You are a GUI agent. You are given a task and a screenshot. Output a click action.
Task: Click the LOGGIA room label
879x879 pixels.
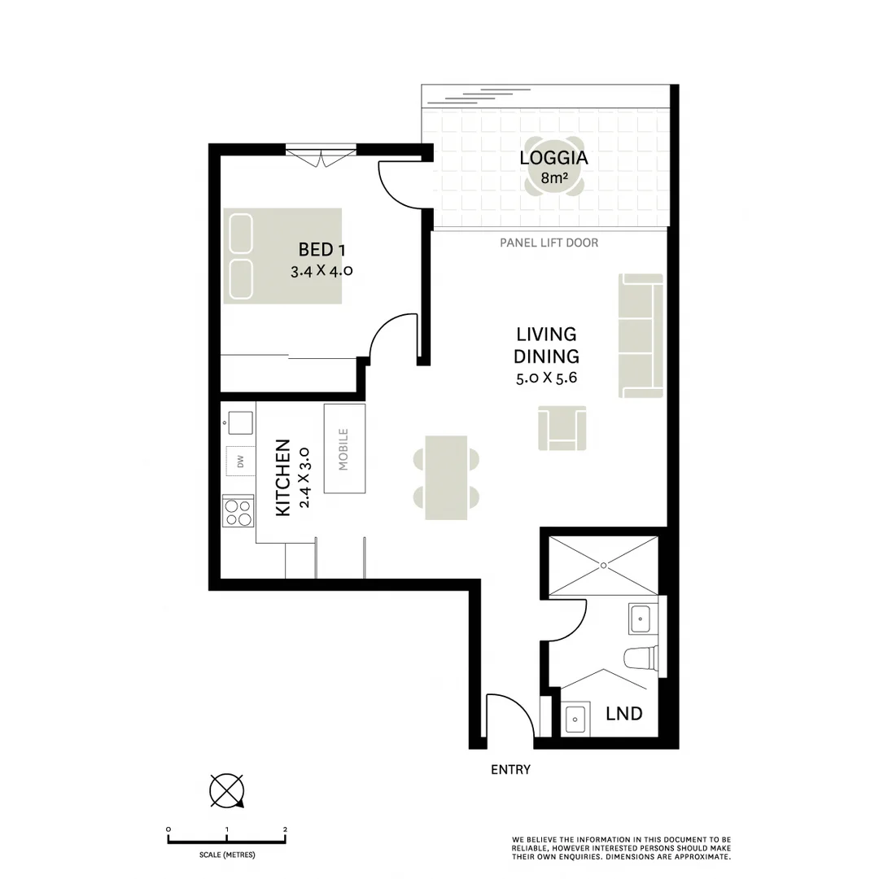(x=553, y=158)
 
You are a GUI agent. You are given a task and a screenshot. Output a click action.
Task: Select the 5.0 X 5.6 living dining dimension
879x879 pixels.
(x=545, y=378)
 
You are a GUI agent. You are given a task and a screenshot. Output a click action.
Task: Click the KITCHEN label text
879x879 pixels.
(x=282, y=478)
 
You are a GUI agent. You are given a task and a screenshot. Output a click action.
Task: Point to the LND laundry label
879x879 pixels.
(x=624, y=715)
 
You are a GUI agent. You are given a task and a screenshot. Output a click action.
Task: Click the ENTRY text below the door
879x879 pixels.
(x=510, y=770)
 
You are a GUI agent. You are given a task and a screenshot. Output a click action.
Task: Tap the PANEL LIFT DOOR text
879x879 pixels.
(x=549, y=243)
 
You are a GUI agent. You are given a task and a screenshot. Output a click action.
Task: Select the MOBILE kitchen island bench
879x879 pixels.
(x=344, y=448)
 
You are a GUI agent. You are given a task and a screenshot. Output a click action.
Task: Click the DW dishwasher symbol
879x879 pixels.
(x=240, y=462)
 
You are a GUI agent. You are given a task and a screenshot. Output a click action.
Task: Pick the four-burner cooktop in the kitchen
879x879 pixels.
(x=238, y=512)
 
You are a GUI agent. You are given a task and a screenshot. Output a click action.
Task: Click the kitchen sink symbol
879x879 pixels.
(x=240, y=422)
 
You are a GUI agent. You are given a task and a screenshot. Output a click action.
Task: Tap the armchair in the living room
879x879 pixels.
(x=562, y=429)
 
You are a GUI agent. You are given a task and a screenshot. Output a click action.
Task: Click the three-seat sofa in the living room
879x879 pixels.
(x=641, y=335)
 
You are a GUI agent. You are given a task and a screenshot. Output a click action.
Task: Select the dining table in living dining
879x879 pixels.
(x=446, y=478)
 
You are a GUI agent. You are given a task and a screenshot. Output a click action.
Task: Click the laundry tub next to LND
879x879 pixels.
(x=576, y=719)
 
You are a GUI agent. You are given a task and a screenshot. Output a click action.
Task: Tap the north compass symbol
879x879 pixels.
(x=227, y=790)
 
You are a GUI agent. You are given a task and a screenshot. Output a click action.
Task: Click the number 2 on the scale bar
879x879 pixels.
(x=285, y=829)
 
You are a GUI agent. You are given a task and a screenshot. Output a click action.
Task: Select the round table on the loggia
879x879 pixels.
(x=553, y=173)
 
